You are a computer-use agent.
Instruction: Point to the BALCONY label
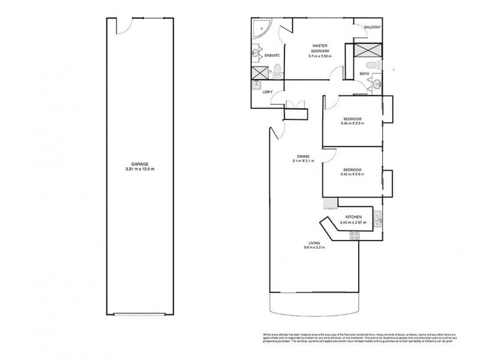[372, 28]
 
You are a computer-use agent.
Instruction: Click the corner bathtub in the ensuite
[260, 28]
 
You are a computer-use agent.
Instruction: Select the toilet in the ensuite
[277, 68]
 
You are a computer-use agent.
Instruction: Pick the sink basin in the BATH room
[377, 85]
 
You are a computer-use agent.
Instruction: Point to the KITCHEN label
[352, 217]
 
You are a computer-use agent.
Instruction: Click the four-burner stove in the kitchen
[353, 236]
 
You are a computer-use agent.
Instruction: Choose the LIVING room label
[311, 243]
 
